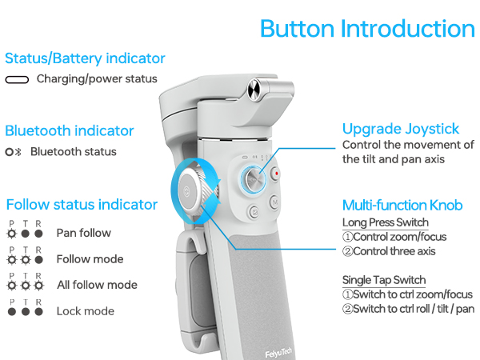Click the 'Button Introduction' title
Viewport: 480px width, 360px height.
[x=367, y=29]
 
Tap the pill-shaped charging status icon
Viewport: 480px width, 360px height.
[x=17, y=80]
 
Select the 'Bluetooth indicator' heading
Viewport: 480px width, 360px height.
[x=70, y=130]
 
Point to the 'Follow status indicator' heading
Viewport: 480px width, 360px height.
[x=82, y=204]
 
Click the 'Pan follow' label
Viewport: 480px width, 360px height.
[x=83, y=234]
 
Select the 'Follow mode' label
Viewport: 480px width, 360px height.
[x=90, y=259]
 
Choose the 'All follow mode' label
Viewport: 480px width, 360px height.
[x=97, y=285]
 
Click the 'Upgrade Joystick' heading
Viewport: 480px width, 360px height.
[x=401, y=129]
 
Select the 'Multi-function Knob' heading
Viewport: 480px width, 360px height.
[x=402, y=205]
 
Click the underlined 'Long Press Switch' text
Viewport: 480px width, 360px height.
[x=386, y=222]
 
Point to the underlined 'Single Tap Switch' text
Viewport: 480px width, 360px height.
[x=384, y=280]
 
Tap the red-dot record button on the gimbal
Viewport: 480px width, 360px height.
[x=277, y=172]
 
